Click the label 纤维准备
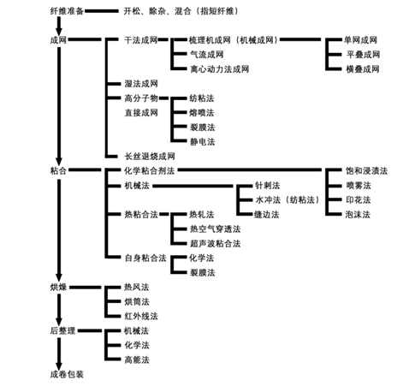[67, 11]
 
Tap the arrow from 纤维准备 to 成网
[59, 26]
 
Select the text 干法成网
[141, 40]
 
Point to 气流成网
[207, 55]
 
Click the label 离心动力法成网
[219, 69]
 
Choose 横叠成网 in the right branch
[363, 69]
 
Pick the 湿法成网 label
[141, 84]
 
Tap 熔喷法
[202, 113]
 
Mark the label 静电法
[203, 142]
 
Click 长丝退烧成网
[150, 157]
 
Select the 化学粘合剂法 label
[149, 171]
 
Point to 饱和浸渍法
[366, 171]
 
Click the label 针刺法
[267, 186]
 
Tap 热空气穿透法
[216, 229]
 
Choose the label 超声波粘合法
[216, 243]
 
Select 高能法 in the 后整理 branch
[137, 359]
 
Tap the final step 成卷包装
[67, 374]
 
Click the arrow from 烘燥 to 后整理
[59, 310]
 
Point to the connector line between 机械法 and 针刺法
[193, 186]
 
